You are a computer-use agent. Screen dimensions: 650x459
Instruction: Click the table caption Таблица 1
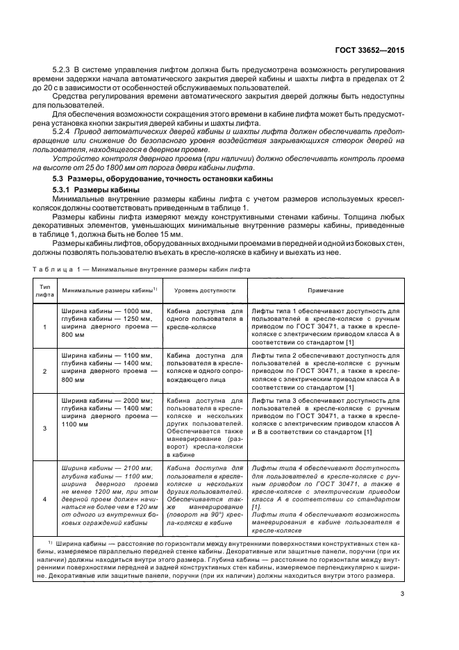click(x=53, y=269)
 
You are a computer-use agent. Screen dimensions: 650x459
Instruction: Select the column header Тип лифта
click(x=44, y=290)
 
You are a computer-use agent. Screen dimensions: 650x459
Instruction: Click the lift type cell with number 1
click(x=44, y=326)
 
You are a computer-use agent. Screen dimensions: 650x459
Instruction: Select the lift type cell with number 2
click(x=44, y=372)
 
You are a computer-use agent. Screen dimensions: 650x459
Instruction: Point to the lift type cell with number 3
click(x=44, y=428)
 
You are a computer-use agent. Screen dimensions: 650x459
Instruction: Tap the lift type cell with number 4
click(x=44, y=499)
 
